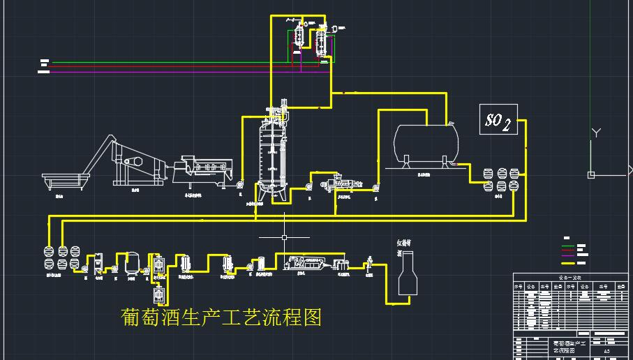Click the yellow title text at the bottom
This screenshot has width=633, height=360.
pos(221,317)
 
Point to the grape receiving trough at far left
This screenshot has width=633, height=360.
pos(64,180)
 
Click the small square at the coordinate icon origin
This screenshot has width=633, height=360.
pos(591,174)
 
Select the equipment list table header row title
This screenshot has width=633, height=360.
pos(571,278)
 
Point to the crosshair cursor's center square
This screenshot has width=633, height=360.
pos(285,238)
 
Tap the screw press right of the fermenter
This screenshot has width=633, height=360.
pos(342,186)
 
